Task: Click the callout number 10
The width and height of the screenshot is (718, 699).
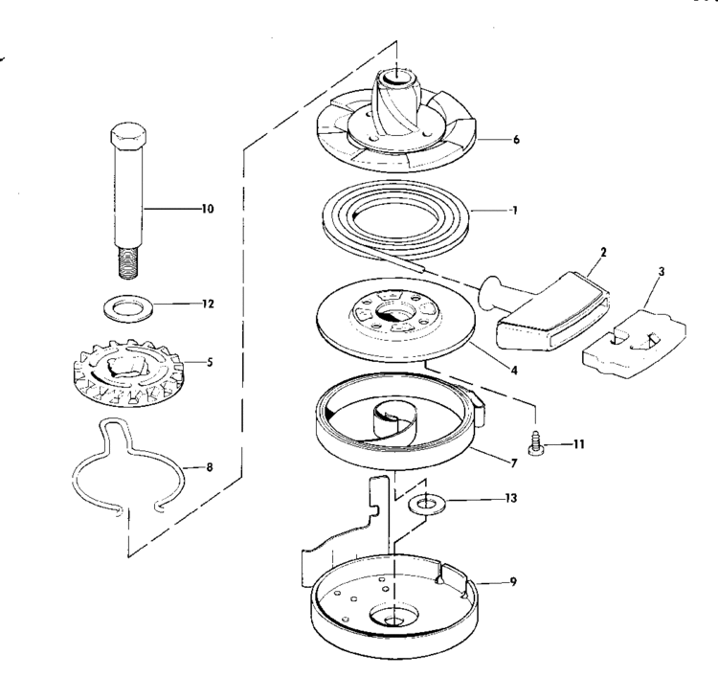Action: [x=208, y=209]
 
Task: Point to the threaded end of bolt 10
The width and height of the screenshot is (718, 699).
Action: [x=128, y=263]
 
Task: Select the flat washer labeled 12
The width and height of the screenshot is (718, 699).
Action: [x=127, y=308]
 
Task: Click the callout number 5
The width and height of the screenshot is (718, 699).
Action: [x=210, y=362]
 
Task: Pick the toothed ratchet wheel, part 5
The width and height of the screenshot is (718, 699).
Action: [x=127, y=372]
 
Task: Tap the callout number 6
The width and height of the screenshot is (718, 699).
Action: [x=516, y=139]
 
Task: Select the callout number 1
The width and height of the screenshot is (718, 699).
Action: [x=515, y=211]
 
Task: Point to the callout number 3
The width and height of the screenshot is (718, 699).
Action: [x=662, y=272]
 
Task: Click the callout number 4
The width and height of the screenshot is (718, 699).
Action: [x=514, y=371]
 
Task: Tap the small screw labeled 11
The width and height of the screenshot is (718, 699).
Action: [x=535, y=442]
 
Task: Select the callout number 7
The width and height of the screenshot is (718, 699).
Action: [x=514, y=463]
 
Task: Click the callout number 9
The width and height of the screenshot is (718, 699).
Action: [x=513, y=582]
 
